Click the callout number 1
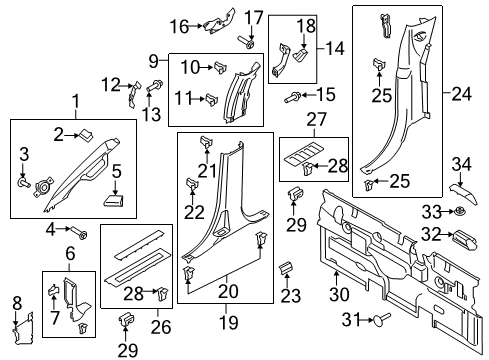[x=75, y=100]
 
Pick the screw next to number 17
[x=244, y=42]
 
